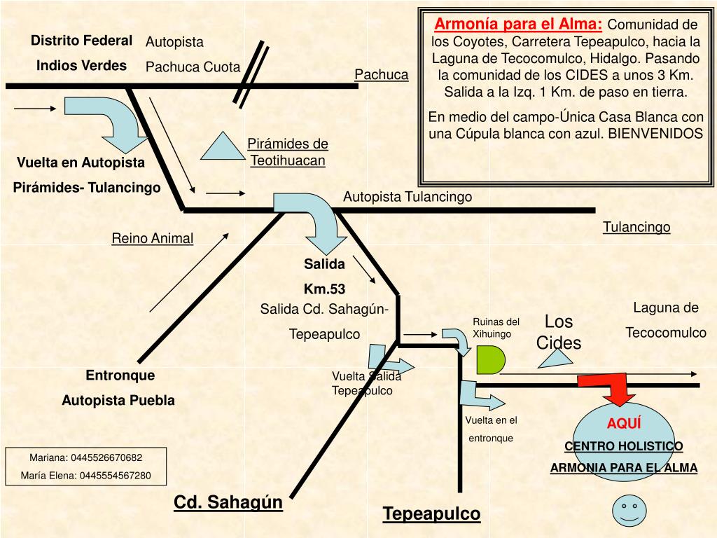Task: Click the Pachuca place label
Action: click(x=381, y=74)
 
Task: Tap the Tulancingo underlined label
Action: click(x=636, y=227)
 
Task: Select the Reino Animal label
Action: click(x=152, y=238)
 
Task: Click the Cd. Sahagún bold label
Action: click(x=228, y=502)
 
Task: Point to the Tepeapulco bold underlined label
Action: click(x=431, y=513)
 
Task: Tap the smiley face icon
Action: click(x=628, y=510)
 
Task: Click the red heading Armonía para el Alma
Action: click(x=518, y=25)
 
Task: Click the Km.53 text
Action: click(x=324, y=288)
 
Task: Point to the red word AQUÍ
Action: click(x=624, y=424)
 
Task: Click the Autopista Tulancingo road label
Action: click(x=408, y=197)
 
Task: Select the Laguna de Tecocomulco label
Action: click(x=666, y=320)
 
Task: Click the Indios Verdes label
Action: click(x=81, y=66)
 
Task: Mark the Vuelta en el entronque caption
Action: click(x=491, y=429)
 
